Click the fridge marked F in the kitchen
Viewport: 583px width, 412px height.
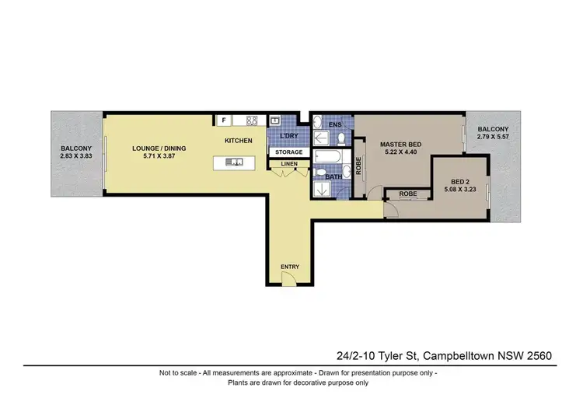223,120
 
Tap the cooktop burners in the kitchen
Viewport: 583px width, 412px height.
252,120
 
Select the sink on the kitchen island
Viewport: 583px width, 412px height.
234,162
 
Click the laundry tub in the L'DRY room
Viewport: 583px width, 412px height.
275,120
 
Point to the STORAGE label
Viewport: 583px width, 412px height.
289,152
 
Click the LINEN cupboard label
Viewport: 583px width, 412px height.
288,164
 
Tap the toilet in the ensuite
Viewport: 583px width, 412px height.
342,138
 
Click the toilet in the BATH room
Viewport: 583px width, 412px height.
320,173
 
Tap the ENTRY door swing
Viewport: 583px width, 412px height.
288,281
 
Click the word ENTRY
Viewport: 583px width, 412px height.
289,267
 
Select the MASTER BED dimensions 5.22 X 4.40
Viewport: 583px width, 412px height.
401,153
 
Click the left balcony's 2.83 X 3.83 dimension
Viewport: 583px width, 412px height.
76,156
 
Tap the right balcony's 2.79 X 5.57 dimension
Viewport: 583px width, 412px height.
493,138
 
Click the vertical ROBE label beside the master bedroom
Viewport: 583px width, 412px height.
358,164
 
